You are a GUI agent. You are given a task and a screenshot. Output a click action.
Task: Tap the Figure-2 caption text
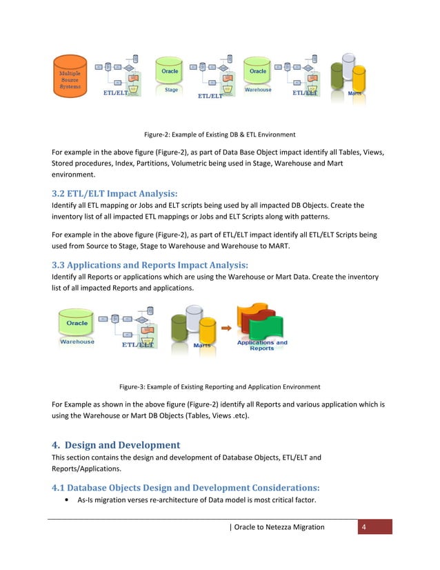point(219,134)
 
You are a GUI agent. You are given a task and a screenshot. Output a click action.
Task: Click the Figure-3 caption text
point(219,386)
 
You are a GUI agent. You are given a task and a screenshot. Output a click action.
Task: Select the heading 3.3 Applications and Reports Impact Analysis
point(150,264)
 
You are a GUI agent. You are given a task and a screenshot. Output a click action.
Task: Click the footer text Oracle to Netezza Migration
point(279,527)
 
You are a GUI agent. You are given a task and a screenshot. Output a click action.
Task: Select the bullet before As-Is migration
point(65,502)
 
